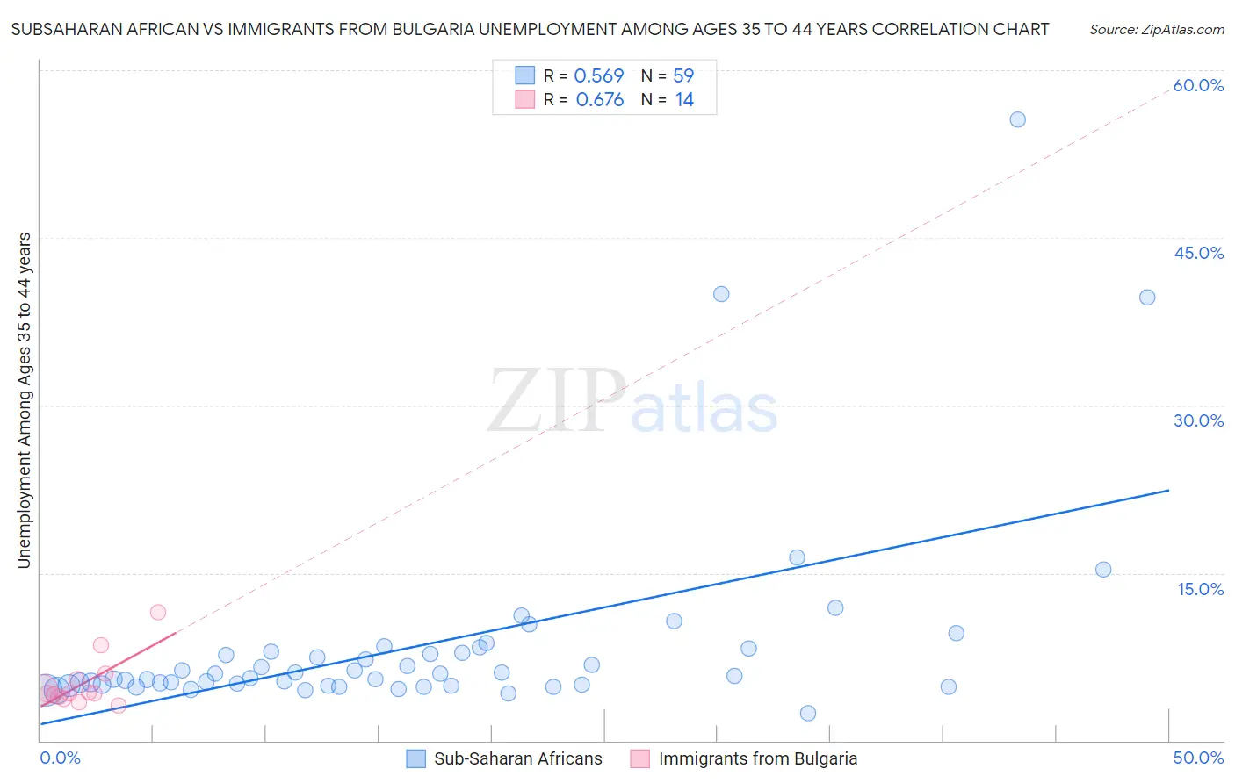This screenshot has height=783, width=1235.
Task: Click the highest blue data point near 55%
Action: (1017, 119)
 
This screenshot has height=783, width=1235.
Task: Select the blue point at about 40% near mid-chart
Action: (721, 294)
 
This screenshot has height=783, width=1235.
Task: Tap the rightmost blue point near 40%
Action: (1147, 298)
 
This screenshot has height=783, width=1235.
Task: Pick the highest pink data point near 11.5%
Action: (158, 612)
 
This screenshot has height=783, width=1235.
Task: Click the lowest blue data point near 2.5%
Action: (808, 713)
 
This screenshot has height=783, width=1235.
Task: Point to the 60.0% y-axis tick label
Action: (1198, 85)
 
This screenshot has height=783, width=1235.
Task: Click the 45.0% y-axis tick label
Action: (1198, 253)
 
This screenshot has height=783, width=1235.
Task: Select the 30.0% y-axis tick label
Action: (1198, 420)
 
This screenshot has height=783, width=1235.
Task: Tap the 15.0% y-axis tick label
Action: (1200, 589)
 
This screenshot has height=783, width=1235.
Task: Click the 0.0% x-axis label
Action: (60, 758)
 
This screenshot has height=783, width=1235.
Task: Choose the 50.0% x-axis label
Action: (1198, 758)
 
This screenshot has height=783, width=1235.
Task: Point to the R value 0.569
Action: (599, 75)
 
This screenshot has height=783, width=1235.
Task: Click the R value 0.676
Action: (600, 99)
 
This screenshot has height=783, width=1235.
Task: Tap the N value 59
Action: (683, 75)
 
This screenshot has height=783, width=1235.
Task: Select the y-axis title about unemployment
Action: (24, 400)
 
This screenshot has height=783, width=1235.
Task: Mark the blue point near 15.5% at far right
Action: (1103, 570)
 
